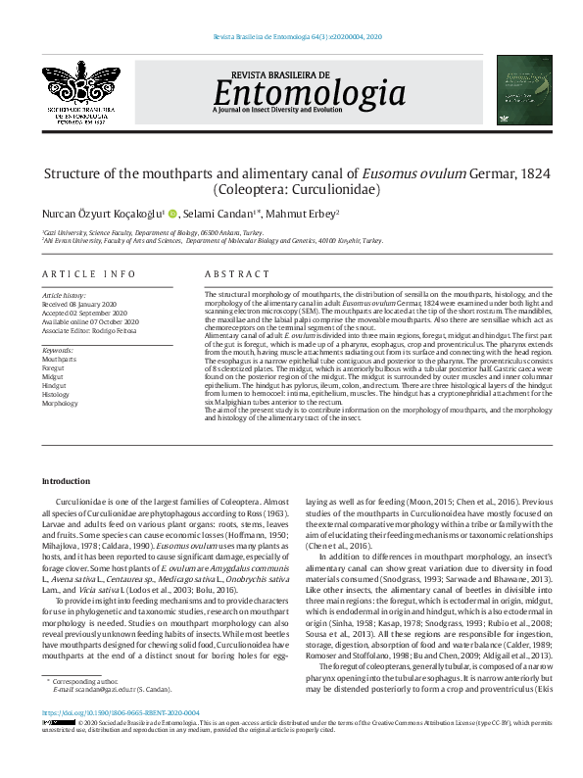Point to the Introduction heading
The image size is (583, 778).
pyautogui.click(x=66, y=481)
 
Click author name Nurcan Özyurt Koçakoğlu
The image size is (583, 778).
pyautogui.click(x=108, y=213)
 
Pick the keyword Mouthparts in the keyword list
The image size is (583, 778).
pyautogui.click(x=59, y=360)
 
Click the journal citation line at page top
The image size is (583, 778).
pyautogui.click(x=297, y=35)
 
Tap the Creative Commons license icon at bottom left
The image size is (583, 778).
pyautogui.click(x=54, y=751)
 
